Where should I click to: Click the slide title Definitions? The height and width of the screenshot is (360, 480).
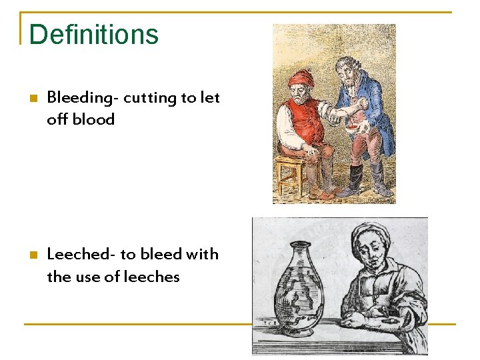pos(94,35)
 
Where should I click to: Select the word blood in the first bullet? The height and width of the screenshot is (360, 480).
pos(95,120)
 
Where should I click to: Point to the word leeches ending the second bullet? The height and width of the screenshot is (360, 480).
pos(153,277)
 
